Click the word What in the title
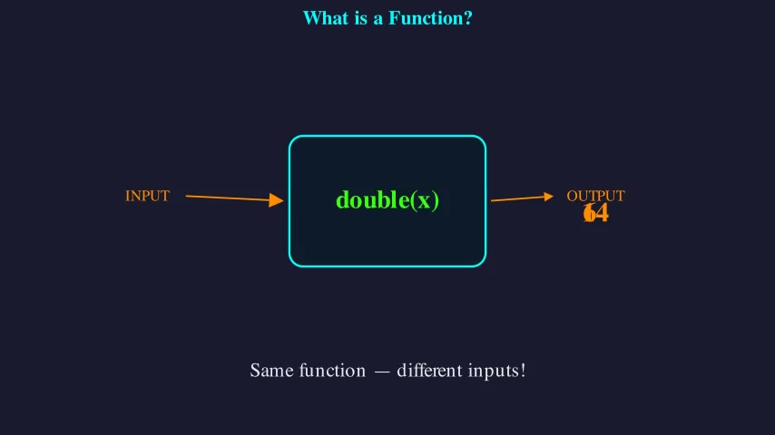(x=325, y=18)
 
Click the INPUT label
(x=147, y=196)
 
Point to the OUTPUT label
(x=595, y=196)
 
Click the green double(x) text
(x=387, y=200)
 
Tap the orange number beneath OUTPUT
(x=595, y=214)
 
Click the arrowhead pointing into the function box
(x=277, y=200)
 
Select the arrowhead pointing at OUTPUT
(x=548, y=196)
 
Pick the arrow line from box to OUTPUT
(x=517, y=198)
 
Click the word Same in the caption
(x=270, y=371)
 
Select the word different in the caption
(x=429, y=371)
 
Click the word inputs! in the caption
(x=498, y=371)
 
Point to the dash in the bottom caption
(x=381, y=372)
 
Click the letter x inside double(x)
(x=424, y=201)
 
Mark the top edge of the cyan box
(x=387, y=136)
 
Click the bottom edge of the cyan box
(x=387, y=266)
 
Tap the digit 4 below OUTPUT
(x=602, y=214)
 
